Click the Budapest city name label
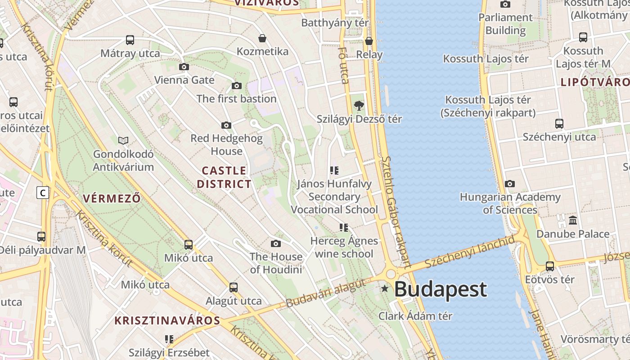(440, 289)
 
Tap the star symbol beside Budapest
(385, 288)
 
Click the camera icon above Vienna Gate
(184, 67)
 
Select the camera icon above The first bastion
(237, 85)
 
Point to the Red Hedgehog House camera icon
(226, 125)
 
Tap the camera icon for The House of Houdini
(276, 244)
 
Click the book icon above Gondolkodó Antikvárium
(123, 141)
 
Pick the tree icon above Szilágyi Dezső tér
(359, 106)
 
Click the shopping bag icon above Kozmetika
(262, 38)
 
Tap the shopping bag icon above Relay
(369, 41)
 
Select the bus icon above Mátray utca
(130, 40)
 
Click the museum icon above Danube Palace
(573, 220)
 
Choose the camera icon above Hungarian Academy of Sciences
(510, 184)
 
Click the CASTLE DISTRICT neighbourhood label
(224, 177)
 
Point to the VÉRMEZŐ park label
(112, 198)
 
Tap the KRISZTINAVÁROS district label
(167, 321)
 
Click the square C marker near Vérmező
(43, 193)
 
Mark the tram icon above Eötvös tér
(549, 266)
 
